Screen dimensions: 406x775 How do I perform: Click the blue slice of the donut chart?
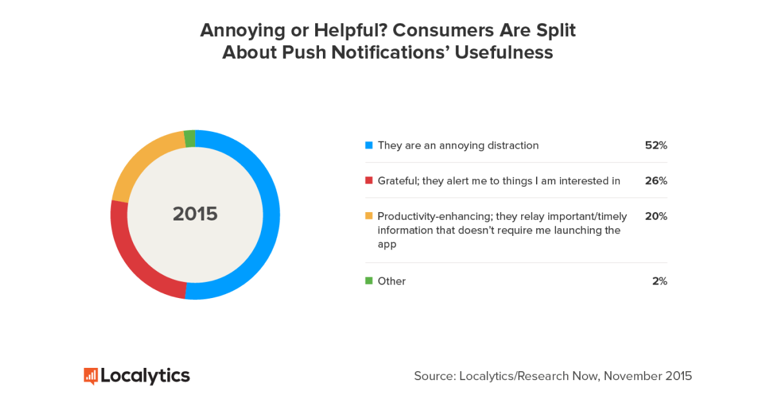click(271, 213)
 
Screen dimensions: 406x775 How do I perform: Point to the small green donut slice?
click(189, 138)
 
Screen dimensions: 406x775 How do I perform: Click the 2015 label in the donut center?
click(195, 214)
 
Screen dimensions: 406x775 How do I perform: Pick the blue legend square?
click(369, 145)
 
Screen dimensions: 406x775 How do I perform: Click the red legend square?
click(369, 180)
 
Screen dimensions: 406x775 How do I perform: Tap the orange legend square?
click(369, 216)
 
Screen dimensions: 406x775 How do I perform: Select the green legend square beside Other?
click(369, 281)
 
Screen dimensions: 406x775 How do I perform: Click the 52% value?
click(655, 145)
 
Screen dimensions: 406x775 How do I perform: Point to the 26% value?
click(655, 180)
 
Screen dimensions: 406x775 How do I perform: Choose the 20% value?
click(655, 216)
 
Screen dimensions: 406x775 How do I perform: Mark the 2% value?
click(659, 281)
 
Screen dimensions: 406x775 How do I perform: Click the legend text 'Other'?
click(391, 281)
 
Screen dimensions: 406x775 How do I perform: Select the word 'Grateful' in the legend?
click(399, 180)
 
